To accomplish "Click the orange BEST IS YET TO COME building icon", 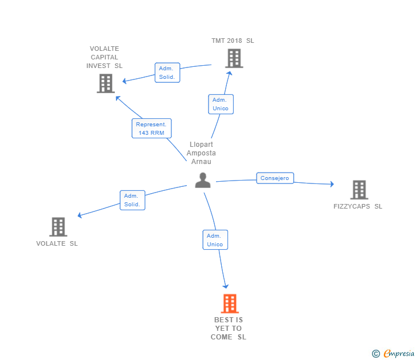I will [x=229, y=303].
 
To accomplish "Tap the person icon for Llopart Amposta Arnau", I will [x=203, y=180].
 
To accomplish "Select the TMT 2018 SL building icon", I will [x=234, y=58].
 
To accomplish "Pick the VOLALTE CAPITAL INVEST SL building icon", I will [x=106, y=83].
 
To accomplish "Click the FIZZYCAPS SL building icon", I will [x=359, y=190].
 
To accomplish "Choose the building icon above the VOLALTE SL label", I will [x=58, y=227].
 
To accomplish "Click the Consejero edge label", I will [x=275, y=178].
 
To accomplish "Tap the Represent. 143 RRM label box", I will [x=151, y=129].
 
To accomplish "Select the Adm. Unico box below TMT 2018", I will [x=220, y=104].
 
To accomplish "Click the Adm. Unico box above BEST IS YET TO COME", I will [x=215, y=240].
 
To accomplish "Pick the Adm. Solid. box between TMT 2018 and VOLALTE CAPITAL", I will [x=167, y=73].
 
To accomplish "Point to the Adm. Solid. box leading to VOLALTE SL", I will [x=133, y=200].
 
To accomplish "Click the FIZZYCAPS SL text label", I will [x=358, y=206].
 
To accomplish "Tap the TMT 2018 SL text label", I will [x=233, y=41].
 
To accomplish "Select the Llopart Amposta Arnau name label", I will [x=201, y=153].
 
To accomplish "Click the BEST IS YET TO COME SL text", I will [x=229, y=329].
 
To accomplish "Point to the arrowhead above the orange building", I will [x=226, y=286].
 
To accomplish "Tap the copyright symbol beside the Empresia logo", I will [x=375, y=354].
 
